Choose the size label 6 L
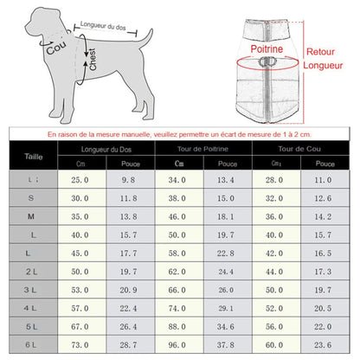click(32, 344)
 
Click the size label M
click(32, 215)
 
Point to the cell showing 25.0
click(80, 179)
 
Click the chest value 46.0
click(177, 215)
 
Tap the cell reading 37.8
click(226, 344)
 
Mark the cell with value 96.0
click(177, 344)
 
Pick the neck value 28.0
click(274, 179)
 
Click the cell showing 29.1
click(226, 307)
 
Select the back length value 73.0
click(80, 344)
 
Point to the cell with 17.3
click(324, 271)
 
